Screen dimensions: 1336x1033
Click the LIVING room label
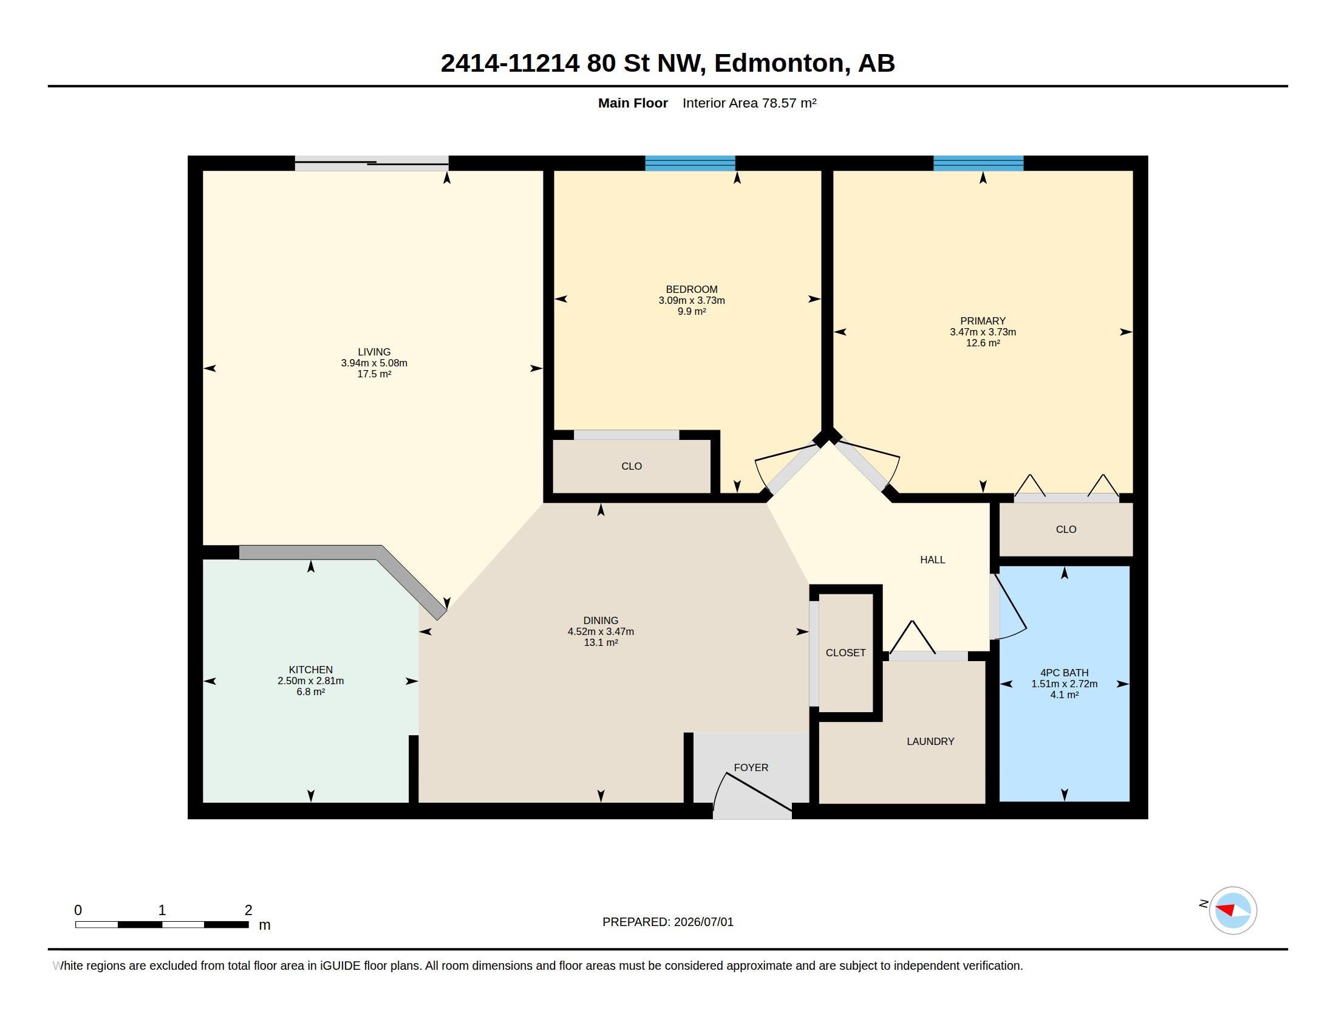(373, 352)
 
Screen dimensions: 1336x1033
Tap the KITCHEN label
(311, 670)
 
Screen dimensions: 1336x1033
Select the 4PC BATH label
(1065, 673)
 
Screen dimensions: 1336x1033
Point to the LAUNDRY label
(930, 741)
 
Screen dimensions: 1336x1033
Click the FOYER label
(751, 767)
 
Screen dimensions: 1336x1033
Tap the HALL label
(933, 559)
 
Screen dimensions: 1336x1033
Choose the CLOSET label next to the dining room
(845, 653)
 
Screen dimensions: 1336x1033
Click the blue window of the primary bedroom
(978, 163)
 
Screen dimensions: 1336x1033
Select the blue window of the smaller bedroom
(690, 163)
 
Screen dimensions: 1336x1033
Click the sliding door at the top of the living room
(372, 163)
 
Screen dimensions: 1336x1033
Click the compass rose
(1233, 910)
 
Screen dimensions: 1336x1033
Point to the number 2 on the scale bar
(248, 910)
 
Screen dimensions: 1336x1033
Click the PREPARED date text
(668, 922)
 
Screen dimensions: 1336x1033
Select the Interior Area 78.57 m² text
(749, 103)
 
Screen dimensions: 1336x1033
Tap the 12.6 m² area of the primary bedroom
(983, 343)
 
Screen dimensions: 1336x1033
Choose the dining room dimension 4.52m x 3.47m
(601, 631)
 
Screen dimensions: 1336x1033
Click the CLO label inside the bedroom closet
(632, 466)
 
